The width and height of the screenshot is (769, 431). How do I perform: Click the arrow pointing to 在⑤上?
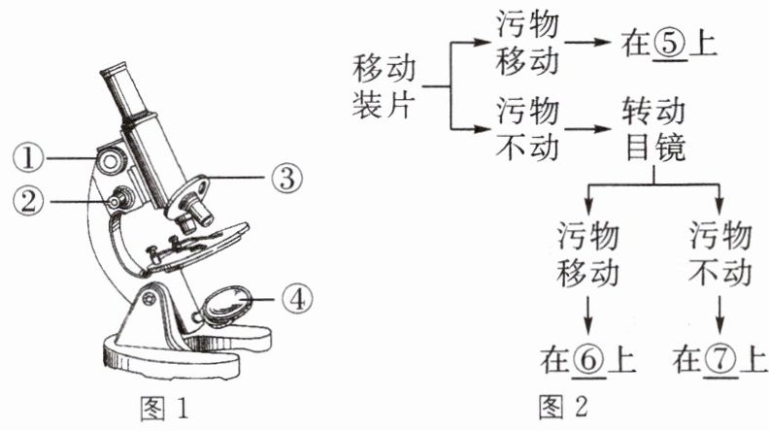pos(592,45)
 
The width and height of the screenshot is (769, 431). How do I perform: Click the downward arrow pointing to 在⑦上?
pos(719,315)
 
